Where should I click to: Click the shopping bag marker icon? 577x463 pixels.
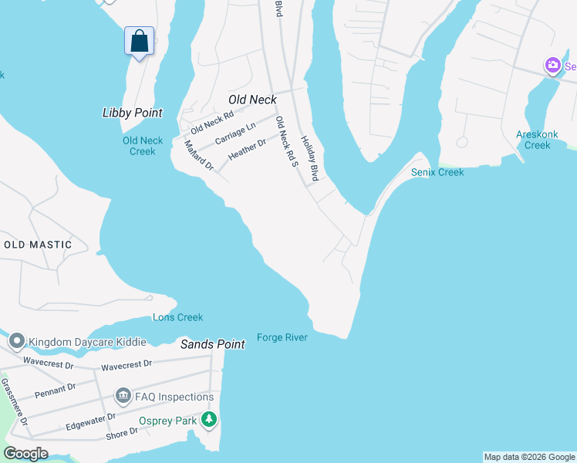139,41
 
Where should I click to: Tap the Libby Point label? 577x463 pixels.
133,113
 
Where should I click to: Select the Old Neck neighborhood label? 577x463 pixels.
252,100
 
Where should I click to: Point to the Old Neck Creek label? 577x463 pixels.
143,146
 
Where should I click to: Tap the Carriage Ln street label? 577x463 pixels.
235,133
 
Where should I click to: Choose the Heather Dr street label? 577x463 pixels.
247,150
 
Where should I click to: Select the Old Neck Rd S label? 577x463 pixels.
286,142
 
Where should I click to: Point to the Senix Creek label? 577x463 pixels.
437,172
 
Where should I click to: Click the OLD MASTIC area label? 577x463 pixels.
38,245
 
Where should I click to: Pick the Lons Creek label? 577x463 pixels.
177,317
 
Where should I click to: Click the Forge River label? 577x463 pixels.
282,337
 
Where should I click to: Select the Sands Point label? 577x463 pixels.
213,344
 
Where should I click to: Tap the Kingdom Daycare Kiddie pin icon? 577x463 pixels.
16,340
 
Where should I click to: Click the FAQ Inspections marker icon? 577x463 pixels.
123,397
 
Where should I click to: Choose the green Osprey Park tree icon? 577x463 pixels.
208,421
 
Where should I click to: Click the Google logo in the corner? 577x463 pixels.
25,454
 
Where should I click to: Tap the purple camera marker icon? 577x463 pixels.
552,66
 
